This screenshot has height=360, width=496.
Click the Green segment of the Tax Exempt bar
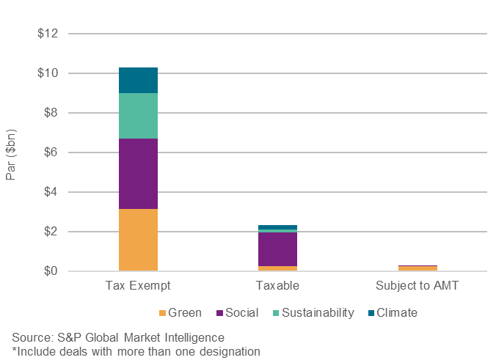click(138, 240)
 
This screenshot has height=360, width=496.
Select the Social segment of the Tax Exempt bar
click(138, 173)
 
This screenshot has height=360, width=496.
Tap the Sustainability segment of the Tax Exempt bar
click(138, 116)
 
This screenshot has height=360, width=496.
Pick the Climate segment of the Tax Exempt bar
click(138, 80)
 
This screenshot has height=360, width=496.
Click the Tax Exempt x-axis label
click(138, 285)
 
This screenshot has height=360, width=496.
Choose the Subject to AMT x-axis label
click(417, 285)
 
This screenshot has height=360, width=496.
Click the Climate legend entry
click(392, 313)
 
